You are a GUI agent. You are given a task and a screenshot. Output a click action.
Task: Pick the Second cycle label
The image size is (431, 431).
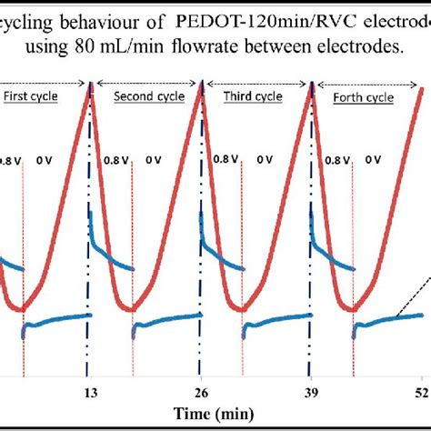[145, 96]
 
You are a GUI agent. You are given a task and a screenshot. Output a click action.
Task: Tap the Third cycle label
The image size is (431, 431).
[256, 96]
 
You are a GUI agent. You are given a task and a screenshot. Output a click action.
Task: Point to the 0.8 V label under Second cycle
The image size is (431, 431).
[116, 159]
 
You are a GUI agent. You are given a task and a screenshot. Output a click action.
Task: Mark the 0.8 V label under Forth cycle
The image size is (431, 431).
[336, 159]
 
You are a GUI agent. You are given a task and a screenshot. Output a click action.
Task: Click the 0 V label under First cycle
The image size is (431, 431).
[44, 159]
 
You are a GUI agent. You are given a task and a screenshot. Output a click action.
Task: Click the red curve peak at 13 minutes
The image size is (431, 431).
[90, 85]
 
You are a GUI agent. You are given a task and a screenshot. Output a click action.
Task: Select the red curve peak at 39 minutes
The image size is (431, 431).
[312, 85]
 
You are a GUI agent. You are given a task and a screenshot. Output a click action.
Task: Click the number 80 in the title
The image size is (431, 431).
[118, 45]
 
